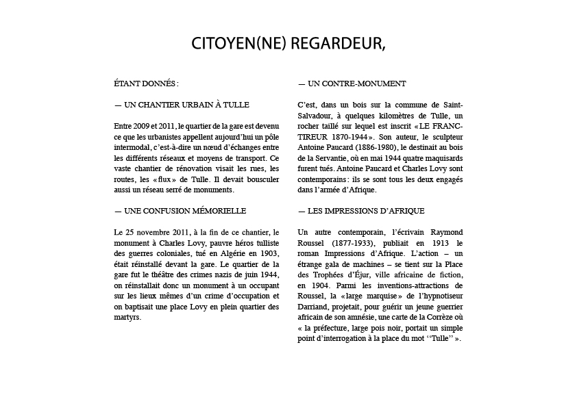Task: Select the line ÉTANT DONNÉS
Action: (x=146, y=84)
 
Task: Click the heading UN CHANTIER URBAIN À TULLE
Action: (x=182, y=105)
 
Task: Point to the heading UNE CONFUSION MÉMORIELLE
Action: (x=180, y=211)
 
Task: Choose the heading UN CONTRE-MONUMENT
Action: (x=352, y=84)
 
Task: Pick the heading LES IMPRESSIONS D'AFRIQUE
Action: (x=361, y=211)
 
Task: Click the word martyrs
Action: (x=127, y=318)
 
